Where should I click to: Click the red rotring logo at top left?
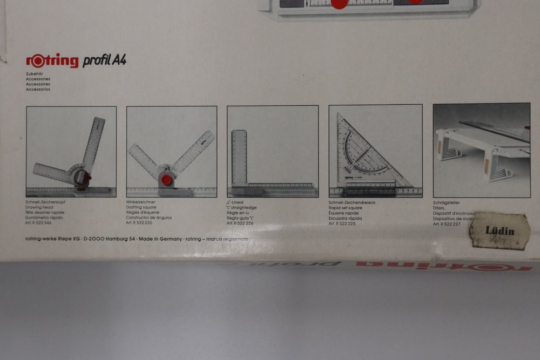(52, 60)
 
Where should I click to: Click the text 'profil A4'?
(104, 60)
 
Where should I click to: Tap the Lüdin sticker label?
(500, 231)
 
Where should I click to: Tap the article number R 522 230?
(141, 222)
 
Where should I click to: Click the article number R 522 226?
(241, 223)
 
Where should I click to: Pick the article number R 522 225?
(342, 223)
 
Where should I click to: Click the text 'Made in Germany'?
(159, 239)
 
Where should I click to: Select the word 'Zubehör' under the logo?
(35, 73)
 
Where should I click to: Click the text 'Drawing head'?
(40, 207)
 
